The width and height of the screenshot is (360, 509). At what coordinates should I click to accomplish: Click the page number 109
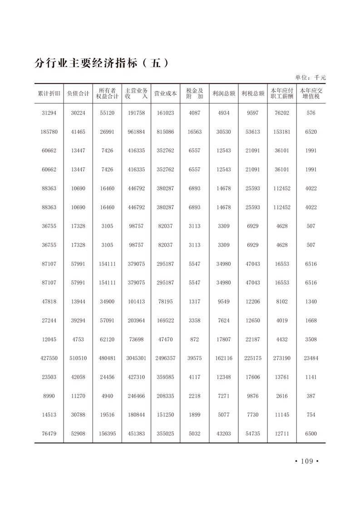[307, 461]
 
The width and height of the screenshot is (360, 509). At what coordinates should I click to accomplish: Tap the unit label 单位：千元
[311, 78]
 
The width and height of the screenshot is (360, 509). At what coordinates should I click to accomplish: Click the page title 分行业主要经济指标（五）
[102, 63]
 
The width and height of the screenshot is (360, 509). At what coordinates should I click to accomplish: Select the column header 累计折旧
[49, 93]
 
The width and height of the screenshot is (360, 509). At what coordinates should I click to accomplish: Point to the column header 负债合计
[78, 93]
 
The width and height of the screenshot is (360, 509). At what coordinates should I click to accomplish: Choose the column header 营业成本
[165, 93]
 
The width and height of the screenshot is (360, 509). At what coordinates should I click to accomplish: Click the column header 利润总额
[224, 93]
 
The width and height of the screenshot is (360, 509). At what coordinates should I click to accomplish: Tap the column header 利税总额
[253, 93]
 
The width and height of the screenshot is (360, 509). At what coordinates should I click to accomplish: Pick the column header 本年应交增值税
[311, 93]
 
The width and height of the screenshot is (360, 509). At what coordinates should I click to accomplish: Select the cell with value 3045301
[136, 358]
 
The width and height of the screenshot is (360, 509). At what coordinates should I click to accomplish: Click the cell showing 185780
[49, 132]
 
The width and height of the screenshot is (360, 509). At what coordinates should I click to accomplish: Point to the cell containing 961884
[136, 132]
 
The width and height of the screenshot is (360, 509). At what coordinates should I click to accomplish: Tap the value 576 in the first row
[311, 113]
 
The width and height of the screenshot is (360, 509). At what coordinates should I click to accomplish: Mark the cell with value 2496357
[165, 358]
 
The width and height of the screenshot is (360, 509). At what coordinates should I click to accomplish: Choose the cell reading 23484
[311, 358]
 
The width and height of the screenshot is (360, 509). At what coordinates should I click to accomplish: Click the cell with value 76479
[49, 434]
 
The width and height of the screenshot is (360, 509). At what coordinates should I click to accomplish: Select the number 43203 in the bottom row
[224, 434]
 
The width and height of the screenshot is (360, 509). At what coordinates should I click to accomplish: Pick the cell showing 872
[194, 339]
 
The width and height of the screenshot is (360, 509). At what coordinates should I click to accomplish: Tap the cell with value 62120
[107, 339]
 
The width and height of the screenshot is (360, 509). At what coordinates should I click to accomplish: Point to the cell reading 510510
[78, 358]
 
